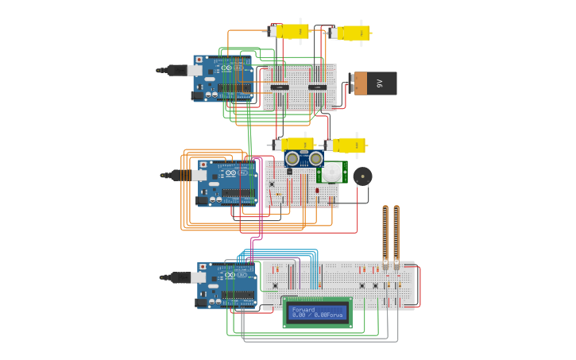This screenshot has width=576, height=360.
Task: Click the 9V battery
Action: click(376, 83)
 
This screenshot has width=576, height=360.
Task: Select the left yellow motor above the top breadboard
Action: click(290, 32)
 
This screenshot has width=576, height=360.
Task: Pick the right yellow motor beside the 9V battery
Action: click(352, 33)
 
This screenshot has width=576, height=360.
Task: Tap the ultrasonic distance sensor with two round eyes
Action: click(304, 158)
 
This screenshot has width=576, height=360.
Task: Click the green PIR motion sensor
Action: click(331, 172)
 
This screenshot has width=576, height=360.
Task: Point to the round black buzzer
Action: click(362, 176)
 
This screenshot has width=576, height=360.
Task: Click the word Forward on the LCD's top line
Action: click(303, 309)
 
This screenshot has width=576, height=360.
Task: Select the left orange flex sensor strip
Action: click(385, 234)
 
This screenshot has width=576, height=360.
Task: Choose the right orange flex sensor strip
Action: click(396, 234)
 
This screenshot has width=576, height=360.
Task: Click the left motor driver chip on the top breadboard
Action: click(280, 87)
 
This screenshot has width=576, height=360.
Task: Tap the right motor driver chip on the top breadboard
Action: click(318, 87)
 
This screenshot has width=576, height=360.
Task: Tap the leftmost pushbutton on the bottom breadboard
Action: click(275, 285)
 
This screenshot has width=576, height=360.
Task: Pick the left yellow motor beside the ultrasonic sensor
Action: click(292, 145)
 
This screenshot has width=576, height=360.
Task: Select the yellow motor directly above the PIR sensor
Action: click(346, 145)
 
